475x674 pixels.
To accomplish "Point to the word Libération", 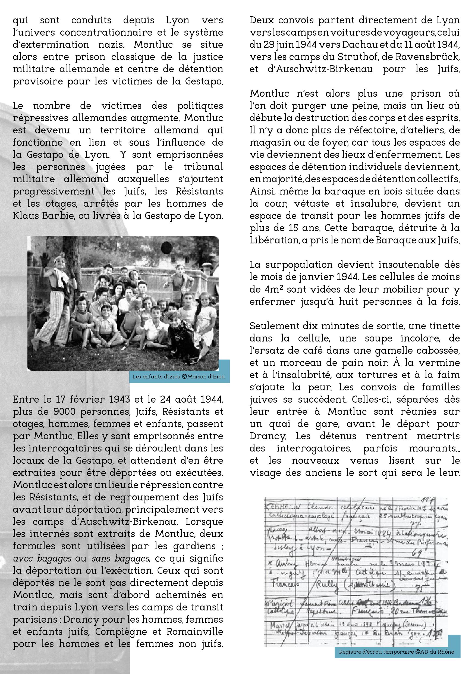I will [x=273, y=240].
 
